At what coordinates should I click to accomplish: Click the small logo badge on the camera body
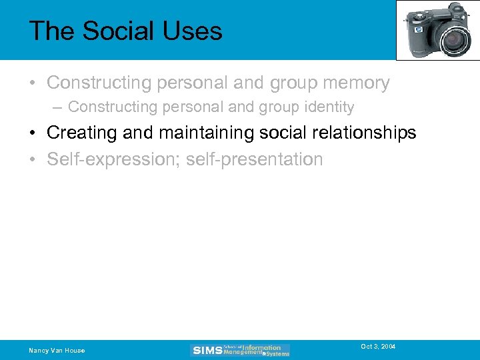tap(418, 30)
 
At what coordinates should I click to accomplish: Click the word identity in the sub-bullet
tap(327, 107)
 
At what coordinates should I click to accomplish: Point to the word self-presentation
tap(253, 160)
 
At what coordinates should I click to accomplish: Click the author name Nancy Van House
tap(57, 351)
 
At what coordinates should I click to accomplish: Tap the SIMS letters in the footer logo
tap(207, 351)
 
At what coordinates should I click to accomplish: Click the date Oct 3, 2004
tap(378, 347)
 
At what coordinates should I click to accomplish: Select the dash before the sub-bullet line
tap(59, 107)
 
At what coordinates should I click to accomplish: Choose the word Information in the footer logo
tap(261, 347)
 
